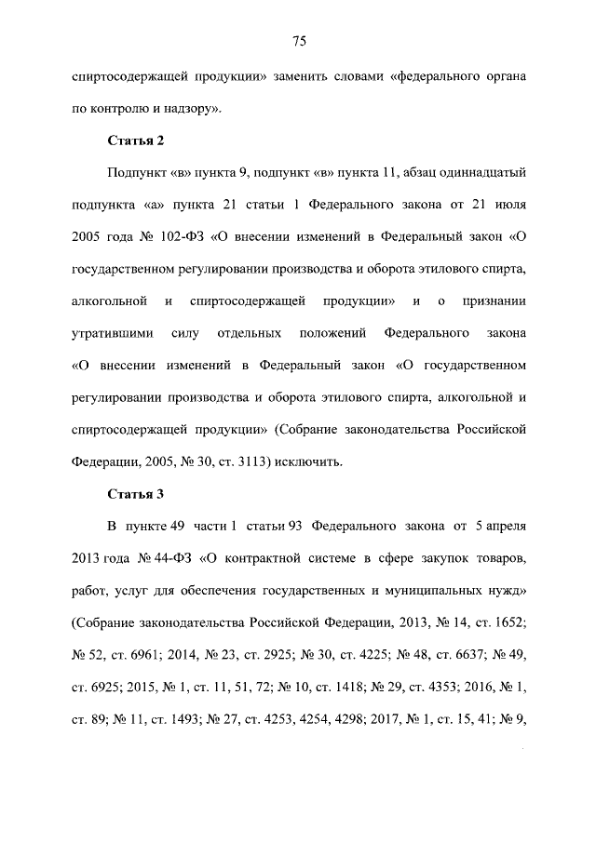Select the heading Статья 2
coord(136,140)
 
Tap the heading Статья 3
coord(136,493)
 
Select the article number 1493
coord(197,716)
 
